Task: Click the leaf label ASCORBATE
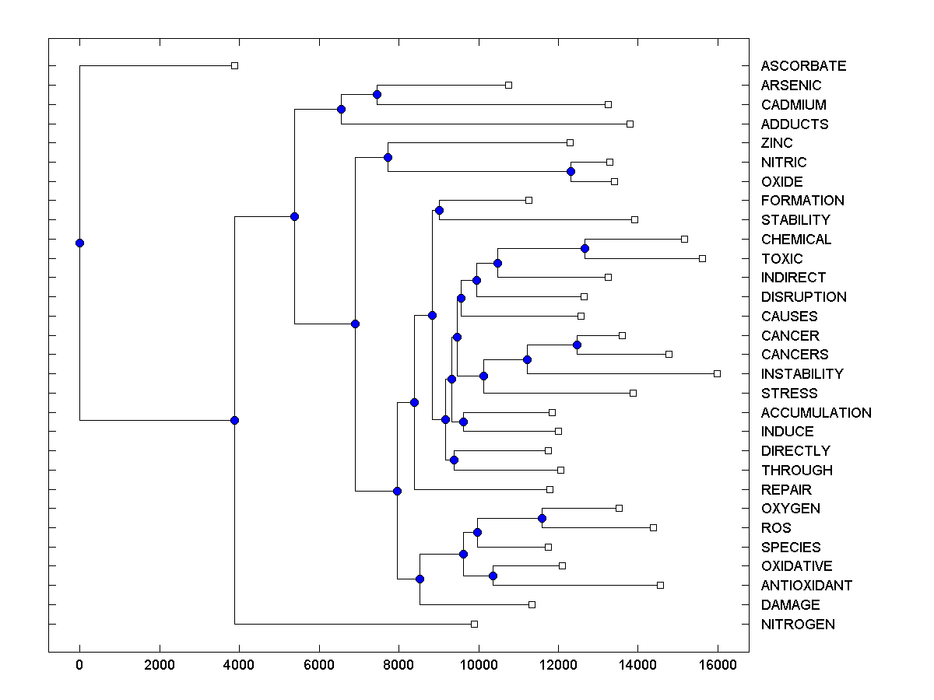pyautogui.click(x=803, y=66)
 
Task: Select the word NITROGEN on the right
pyautogui.click(x=798, y=625)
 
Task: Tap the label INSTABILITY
pyautogui.click(x=802, y=374)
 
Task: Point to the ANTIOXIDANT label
pyautogui.click(x=806, y=586)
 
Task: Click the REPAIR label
pyautogui.click(x=786, y=490)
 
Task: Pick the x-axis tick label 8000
pyautogui.click(x=399, y=665)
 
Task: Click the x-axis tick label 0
pyautogui.click(x=79, y=665)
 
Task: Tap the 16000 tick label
pyautogui.click(x=718, y=665)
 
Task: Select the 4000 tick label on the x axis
pyautogui.click(x=239, y=665)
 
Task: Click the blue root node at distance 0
pyautogui.click(x=79, y=243)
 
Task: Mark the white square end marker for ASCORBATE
pyautogui.click(x=234, y=66)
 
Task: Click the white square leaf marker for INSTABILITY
pyautogui.click(x=717, y=374)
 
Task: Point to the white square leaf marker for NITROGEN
pyautogui.click(x=474, y=624)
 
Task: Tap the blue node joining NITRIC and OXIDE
pyautogui.click(x=571, y=171)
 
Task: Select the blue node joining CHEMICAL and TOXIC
pyautogui.click(x=585, y=248)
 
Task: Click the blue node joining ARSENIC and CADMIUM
pyautogui.click(x=377, y=94)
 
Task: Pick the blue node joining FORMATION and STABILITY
pyautogui.click(x=439, y=210)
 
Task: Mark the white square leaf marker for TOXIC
pyautogui.click(x=702, y=258)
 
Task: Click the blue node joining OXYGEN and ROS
pyautogui.click(x=542, y=518)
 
